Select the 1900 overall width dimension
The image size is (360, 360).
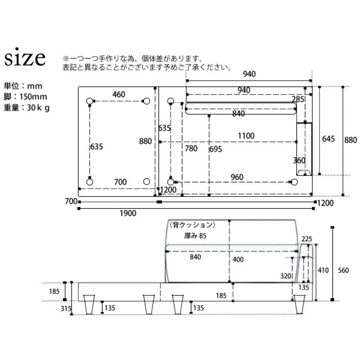[128, 213]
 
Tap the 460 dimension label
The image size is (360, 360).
[119, 95]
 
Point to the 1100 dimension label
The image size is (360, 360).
[246, 136]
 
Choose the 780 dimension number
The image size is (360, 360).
[191, 148]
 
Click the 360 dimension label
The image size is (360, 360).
[299, 161]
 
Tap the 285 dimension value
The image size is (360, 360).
[298, 99]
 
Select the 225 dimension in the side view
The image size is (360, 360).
[307, 239]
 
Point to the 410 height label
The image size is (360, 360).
[323, 270]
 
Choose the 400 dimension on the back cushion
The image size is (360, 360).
[238, 260]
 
